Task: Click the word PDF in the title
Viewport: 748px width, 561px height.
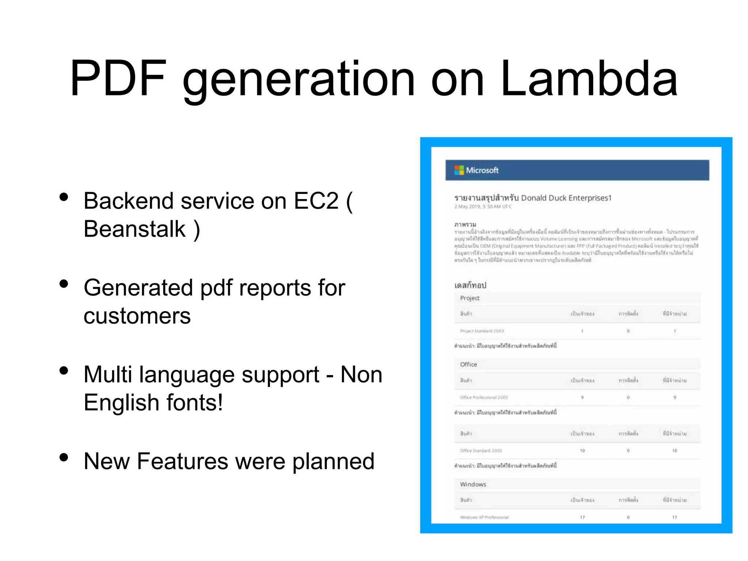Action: [118, 79]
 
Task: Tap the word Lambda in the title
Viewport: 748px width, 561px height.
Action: [589, 79]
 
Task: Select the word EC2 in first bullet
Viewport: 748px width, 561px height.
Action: [316, 201]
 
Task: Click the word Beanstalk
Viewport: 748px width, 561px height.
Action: [134, 229]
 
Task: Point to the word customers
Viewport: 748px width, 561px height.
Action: [137, 316]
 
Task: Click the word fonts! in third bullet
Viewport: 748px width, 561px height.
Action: [195, 402]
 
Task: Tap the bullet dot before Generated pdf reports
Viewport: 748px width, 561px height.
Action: [64, 284]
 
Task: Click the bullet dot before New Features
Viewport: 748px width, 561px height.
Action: [64, 457]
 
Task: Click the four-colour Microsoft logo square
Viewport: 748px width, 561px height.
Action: [459, 170]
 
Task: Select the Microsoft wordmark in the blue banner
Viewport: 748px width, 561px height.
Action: [482, 170]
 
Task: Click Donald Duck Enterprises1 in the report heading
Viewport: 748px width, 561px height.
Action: [566, 198]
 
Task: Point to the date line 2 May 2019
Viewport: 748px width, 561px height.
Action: [483, 207]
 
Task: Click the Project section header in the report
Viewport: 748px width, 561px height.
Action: [470, 298]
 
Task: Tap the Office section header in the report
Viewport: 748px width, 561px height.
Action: [469, 365]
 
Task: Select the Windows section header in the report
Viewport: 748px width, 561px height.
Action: [473, 484]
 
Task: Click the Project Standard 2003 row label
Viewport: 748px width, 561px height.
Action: [482, 331]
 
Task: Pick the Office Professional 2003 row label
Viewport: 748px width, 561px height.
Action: [484, 397]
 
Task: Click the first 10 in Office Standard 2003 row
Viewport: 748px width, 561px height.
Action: [582, 451]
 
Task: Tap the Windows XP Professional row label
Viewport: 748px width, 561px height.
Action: [484, 517]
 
